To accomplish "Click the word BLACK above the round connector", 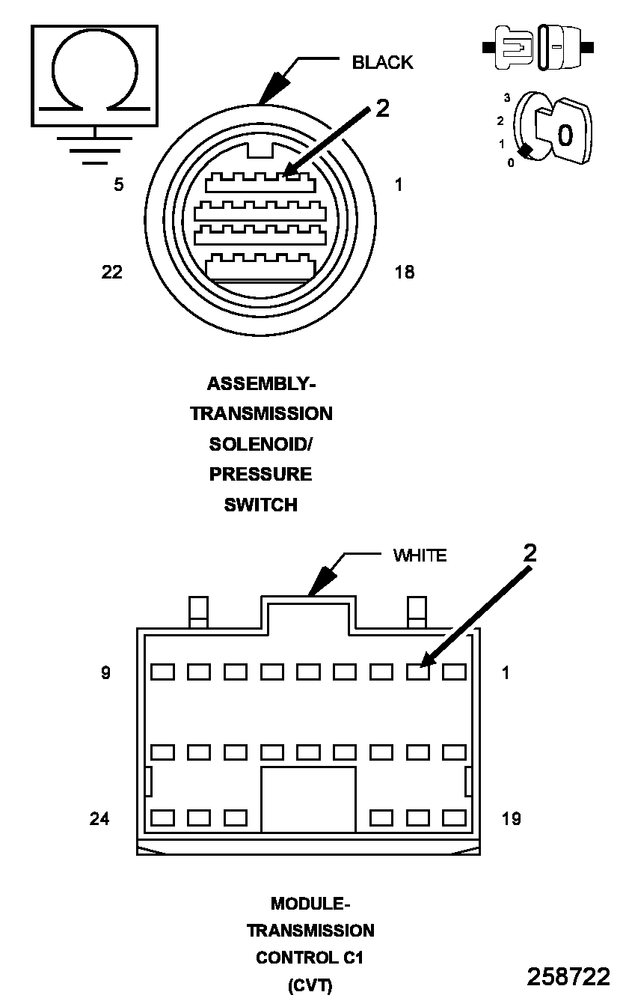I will tap(382, 62).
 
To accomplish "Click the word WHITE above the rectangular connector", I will tap(420, 556).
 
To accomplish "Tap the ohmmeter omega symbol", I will tap(95, 76).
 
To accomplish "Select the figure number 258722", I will tap(568, 976).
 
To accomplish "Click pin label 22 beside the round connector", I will tap(111, 272).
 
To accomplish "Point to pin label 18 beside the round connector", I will tap(405, 272).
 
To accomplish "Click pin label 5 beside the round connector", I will tap(119, 184).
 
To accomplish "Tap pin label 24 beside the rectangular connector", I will tap(99, 819).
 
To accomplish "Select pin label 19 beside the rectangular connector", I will tap(511, 819).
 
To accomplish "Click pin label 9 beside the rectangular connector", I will tap(106, 673).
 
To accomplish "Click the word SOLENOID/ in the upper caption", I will tap(261, 444).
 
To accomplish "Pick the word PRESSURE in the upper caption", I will tap(261, 475).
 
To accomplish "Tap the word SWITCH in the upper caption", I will tap(261, 505).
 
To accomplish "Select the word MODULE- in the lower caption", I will tap(310, 904).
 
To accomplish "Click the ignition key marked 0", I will tap(565, 133).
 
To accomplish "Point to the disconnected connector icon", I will tap(538, 47).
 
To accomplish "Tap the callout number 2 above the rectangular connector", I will tap(530, 553).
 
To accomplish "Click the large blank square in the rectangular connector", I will tap(308, 799).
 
